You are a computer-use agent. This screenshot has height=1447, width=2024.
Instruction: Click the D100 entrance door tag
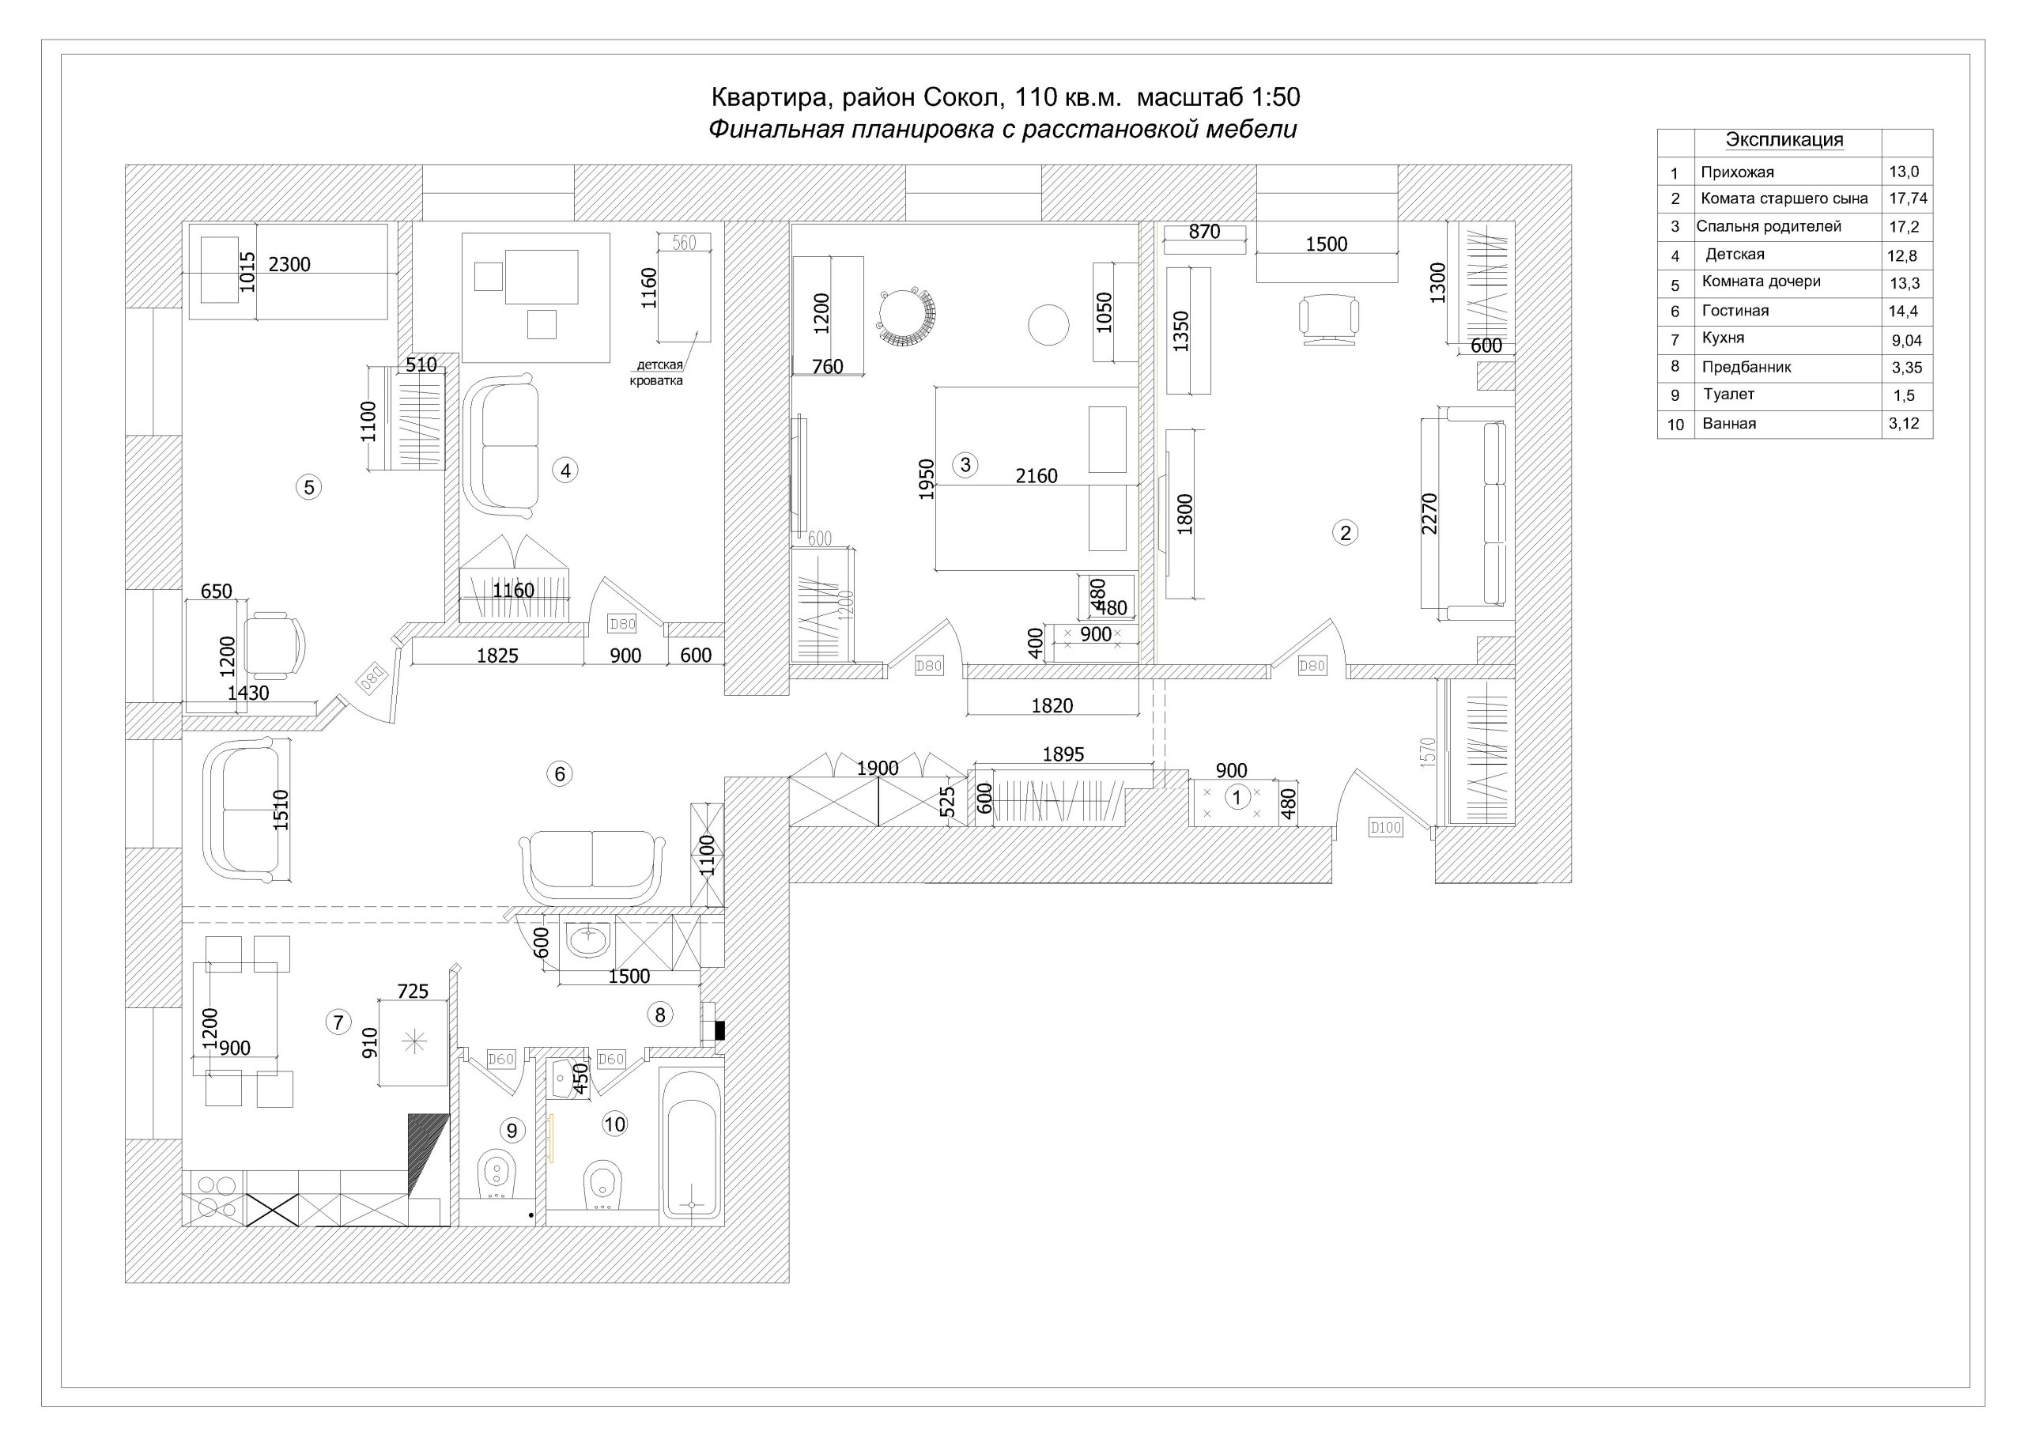[1385, 828]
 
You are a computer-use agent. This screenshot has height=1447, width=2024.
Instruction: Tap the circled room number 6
[560, 773]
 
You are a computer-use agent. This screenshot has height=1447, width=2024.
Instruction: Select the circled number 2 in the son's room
[1345, 533]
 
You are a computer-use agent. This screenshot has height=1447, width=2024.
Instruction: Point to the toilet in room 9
[497, 1177]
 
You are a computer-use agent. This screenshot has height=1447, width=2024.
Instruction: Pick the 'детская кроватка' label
[658, 372]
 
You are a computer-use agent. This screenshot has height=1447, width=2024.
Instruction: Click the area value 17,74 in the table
[1909, 198]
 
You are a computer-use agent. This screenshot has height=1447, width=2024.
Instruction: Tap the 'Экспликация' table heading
[1784, 140]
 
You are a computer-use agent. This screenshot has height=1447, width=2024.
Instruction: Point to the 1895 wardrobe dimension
[1063, 754]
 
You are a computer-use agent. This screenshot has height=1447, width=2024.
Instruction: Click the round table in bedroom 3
[1048, 324]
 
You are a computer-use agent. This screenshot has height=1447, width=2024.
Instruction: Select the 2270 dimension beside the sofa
[1429, 513]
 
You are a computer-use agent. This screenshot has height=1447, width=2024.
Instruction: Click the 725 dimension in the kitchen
[413, 991]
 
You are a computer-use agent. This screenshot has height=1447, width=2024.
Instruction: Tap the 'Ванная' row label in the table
[1729, 423]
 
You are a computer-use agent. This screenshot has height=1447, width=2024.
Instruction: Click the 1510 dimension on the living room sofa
[281, 810]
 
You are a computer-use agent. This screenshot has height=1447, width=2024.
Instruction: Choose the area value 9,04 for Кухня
[1907, 340]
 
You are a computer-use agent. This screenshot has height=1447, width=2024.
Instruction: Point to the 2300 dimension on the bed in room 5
[289, 265]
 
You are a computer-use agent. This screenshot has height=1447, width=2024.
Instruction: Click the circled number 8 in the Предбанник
[660, 1014]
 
